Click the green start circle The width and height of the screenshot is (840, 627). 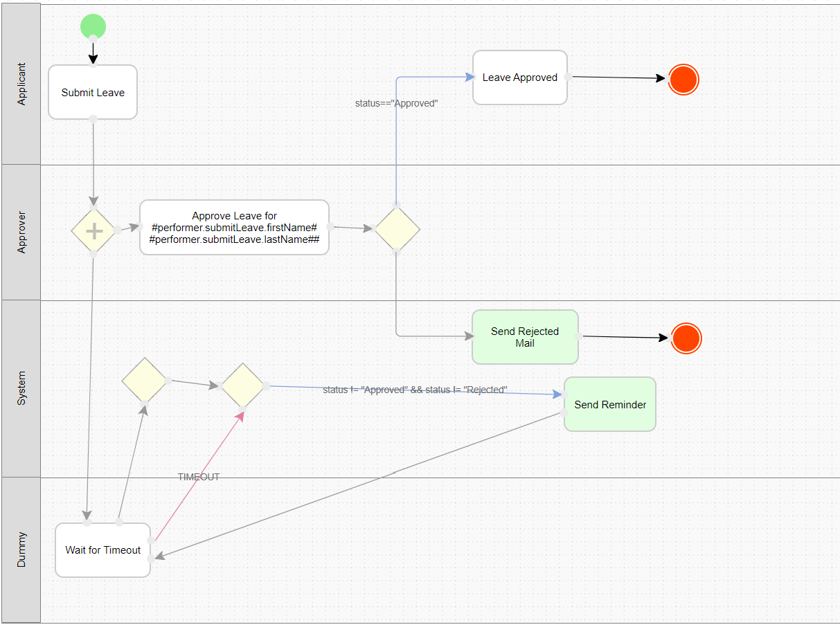tap(93, 27)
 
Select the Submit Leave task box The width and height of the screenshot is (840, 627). tap(93, 92)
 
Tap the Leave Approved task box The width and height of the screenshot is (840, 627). tap(520, 78)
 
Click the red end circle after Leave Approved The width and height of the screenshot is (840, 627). tap(683, 80)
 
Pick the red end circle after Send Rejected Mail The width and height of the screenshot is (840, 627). tap(687, 338)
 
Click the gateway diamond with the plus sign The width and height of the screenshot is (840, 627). tap(93, 231)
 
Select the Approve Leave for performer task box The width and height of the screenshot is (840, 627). tap(234, 227)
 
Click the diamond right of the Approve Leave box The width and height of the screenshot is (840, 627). tap(397, 228)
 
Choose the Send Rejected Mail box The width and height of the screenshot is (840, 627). tap(525, 337)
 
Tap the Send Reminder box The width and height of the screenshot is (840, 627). tap(610, 404)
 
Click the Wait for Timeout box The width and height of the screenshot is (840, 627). tap(102, 550)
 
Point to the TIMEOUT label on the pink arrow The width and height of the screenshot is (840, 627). tap(199, 477)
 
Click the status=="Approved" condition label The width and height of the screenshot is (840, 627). tap(397, 103)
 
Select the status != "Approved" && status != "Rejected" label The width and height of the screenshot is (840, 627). tap(415, 390)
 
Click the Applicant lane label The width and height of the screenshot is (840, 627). tap(21, 84)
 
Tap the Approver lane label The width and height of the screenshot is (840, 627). tap(21, 233)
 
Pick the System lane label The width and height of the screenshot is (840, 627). tap(21, 388)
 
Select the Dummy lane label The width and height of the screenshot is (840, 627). tap(21, 550)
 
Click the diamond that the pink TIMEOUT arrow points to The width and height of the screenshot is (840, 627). tap(242, 385)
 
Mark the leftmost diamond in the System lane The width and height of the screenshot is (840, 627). tap(144, 380)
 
